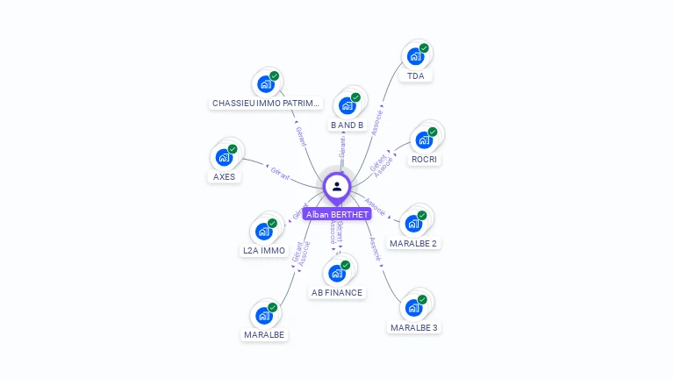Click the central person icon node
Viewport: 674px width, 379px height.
pos(337,186)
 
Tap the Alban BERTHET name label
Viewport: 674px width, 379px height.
pos(337,213)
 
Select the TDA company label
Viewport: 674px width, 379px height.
pos(415,76)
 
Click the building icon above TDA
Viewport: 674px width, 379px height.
pos(416,57)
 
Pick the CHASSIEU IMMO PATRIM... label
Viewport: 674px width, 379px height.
pos(267,104)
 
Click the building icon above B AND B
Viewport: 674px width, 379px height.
pos(347,106)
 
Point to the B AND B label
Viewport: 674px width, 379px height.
pos(347,125)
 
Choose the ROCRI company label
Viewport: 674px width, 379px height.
pos(425,160)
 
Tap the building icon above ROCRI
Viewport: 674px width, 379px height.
pos(425,140)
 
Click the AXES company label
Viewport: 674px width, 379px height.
pos(225,177)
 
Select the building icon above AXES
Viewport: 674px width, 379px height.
pos(225,158)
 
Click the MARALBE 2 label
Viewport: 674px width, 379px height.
pos(413,243)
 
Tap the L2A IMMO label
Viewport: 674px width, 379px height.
pos(264,251)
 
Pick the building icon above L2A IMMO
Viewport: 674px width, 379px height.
pos(264,232)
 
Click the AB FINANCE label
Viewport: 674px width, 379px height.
pos(336,293)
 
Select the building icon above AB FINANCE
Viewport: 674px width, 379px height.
pos(336,274)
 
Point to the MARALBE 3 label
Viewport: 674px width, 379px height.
pos(414,328)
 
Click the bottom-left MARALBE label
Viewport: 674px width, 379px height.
pos(264,335)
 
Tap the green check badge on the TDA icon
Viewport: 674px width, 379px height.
pos(424,48)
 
